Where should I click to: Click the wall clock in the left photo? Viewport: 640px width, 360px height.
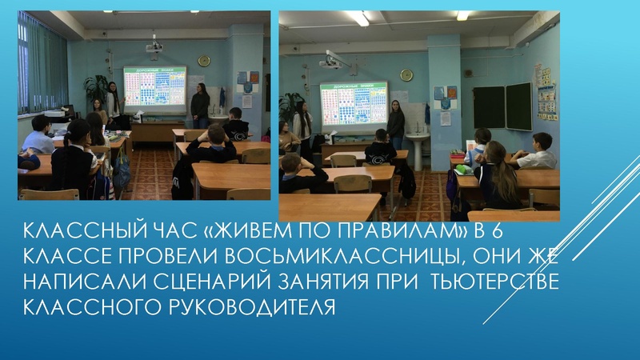click(x=203, y=61)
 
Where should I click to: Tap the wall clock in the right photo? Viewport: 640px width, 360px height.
click(x=407, y=74)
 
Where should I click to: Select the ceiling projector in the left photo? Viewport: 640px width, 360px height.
click(x=154, y=48)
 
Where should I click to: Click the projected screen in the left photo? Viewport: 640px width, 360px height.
click(x=154, y=87)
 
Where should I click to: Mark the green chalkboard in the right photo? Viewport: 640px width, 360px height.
click(x=502, y=107)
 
